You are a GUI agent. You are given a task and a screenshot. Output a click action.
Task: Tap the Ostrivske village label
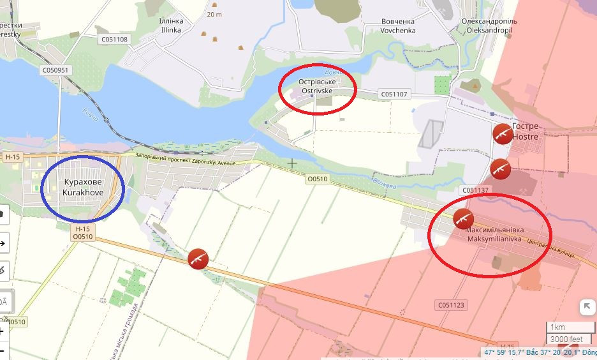click(316, 87)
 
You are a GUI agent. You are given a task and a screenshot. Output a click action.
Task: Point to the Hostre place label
click(525, 131)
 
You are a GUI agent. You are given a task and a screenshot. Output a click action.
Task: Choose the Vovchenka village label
click(397, 26)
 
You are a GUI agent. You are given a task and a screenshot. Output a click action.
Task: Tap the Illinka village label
click(170, 25)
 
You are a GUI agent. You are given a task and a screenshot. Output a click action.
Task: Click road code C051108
click(114, 40)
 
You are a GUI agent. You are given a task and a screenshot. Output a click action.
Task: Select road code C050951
click(55, 70)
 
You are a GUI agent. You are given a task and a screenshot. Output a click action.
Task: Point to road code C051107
click(394, 94)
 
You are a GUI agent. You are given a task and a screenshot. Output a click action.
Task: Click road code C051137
click(475, 190)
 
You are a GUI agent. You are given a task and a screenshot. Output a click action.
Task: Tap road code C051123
click(452, 305)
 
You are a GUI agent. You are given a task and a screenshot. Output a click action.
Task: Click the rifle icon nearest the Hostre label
click(502, 133)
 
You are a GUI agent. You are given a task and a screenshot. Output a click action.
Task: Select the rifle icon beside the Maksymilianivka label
click(463, 218)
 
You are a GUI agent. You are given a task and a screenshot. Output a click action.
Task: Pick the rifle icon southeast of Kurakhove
click(198, 259)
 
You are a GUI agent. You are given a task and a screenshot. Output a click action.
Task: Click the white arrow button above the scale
click(587, 307)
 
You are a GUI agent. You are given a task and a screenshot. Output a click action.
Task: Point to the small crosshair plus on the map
click(292, 163)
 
